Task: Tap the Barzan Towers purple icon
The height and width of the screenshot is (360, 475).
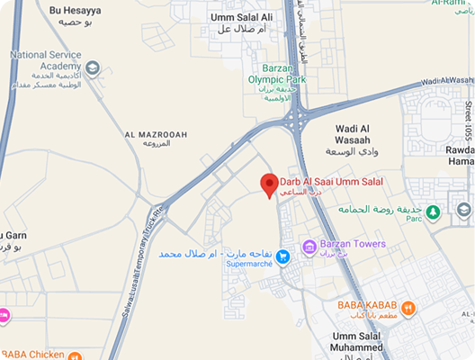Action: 309,246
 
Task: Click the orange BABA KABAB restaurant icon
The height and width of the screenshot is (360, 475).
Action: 408,309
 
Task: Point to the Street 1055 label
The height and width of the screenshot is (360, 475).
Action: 468,121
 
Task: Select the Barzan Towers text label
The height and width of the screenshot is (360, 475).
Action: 356,244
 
